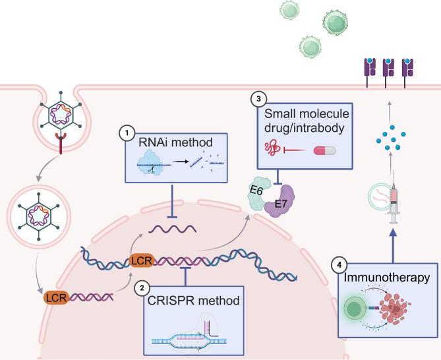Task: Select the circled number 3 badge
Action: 259,100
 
